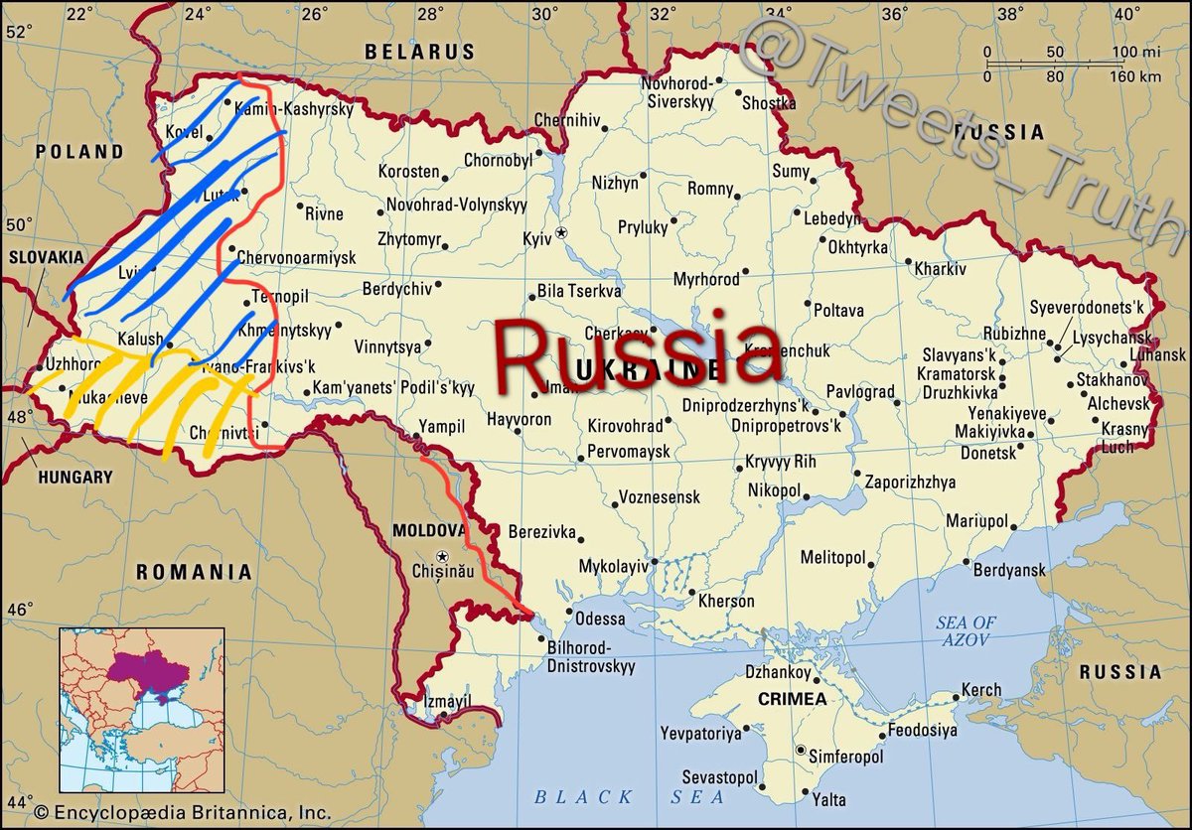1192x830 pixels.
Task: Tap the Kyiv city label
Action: click(x=535, y=238)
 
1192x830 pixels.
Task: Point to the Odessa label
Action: click(x=600, y=619)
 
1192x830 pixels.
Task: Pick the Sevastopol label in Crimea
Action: click(x=719, y=776)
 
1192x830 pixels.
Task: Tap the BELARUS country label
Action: click(x=419, y=51)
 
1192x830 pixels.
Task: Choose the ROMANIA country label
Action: click(x=194, y=572)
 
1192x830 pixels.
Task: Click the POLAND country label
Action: click(x=79, y=152)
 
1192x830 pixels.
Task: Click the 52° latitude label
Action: click(x=18, y=31)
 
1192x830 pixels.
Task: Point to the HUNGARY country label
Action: click(x=75, y=477)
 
